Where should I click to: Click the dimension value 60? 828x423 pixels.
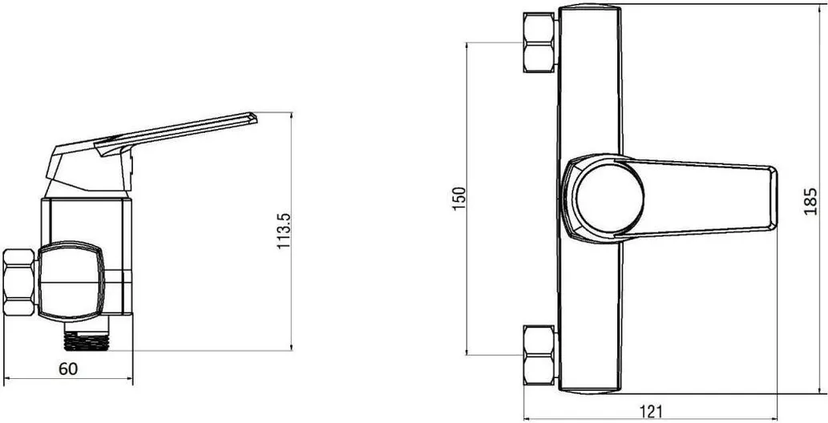click(x=67, y=369)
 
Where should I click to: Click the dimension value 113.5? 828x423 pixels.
click(x=284, y=231)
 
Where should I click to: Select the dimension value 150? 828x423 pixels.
click(x=460, y=198)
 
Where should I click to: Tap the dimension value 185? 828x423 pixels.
click(x=810, y=201)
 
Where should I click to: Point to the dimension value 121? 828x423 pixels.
click(x=651, y=411)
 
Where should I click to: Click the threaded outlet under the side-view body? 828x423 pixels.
click(x=87, y=337)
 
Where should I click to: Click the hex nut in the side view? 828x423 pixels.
click(x=19, y=282)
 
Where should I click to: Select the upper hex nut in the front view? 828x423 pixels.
click(x=540, y=42)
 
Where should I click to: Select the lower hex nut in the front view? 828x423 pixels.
click(x=540, y=355)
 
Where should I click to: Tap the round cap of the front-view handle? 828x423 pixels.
click(x=609, y=198)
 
